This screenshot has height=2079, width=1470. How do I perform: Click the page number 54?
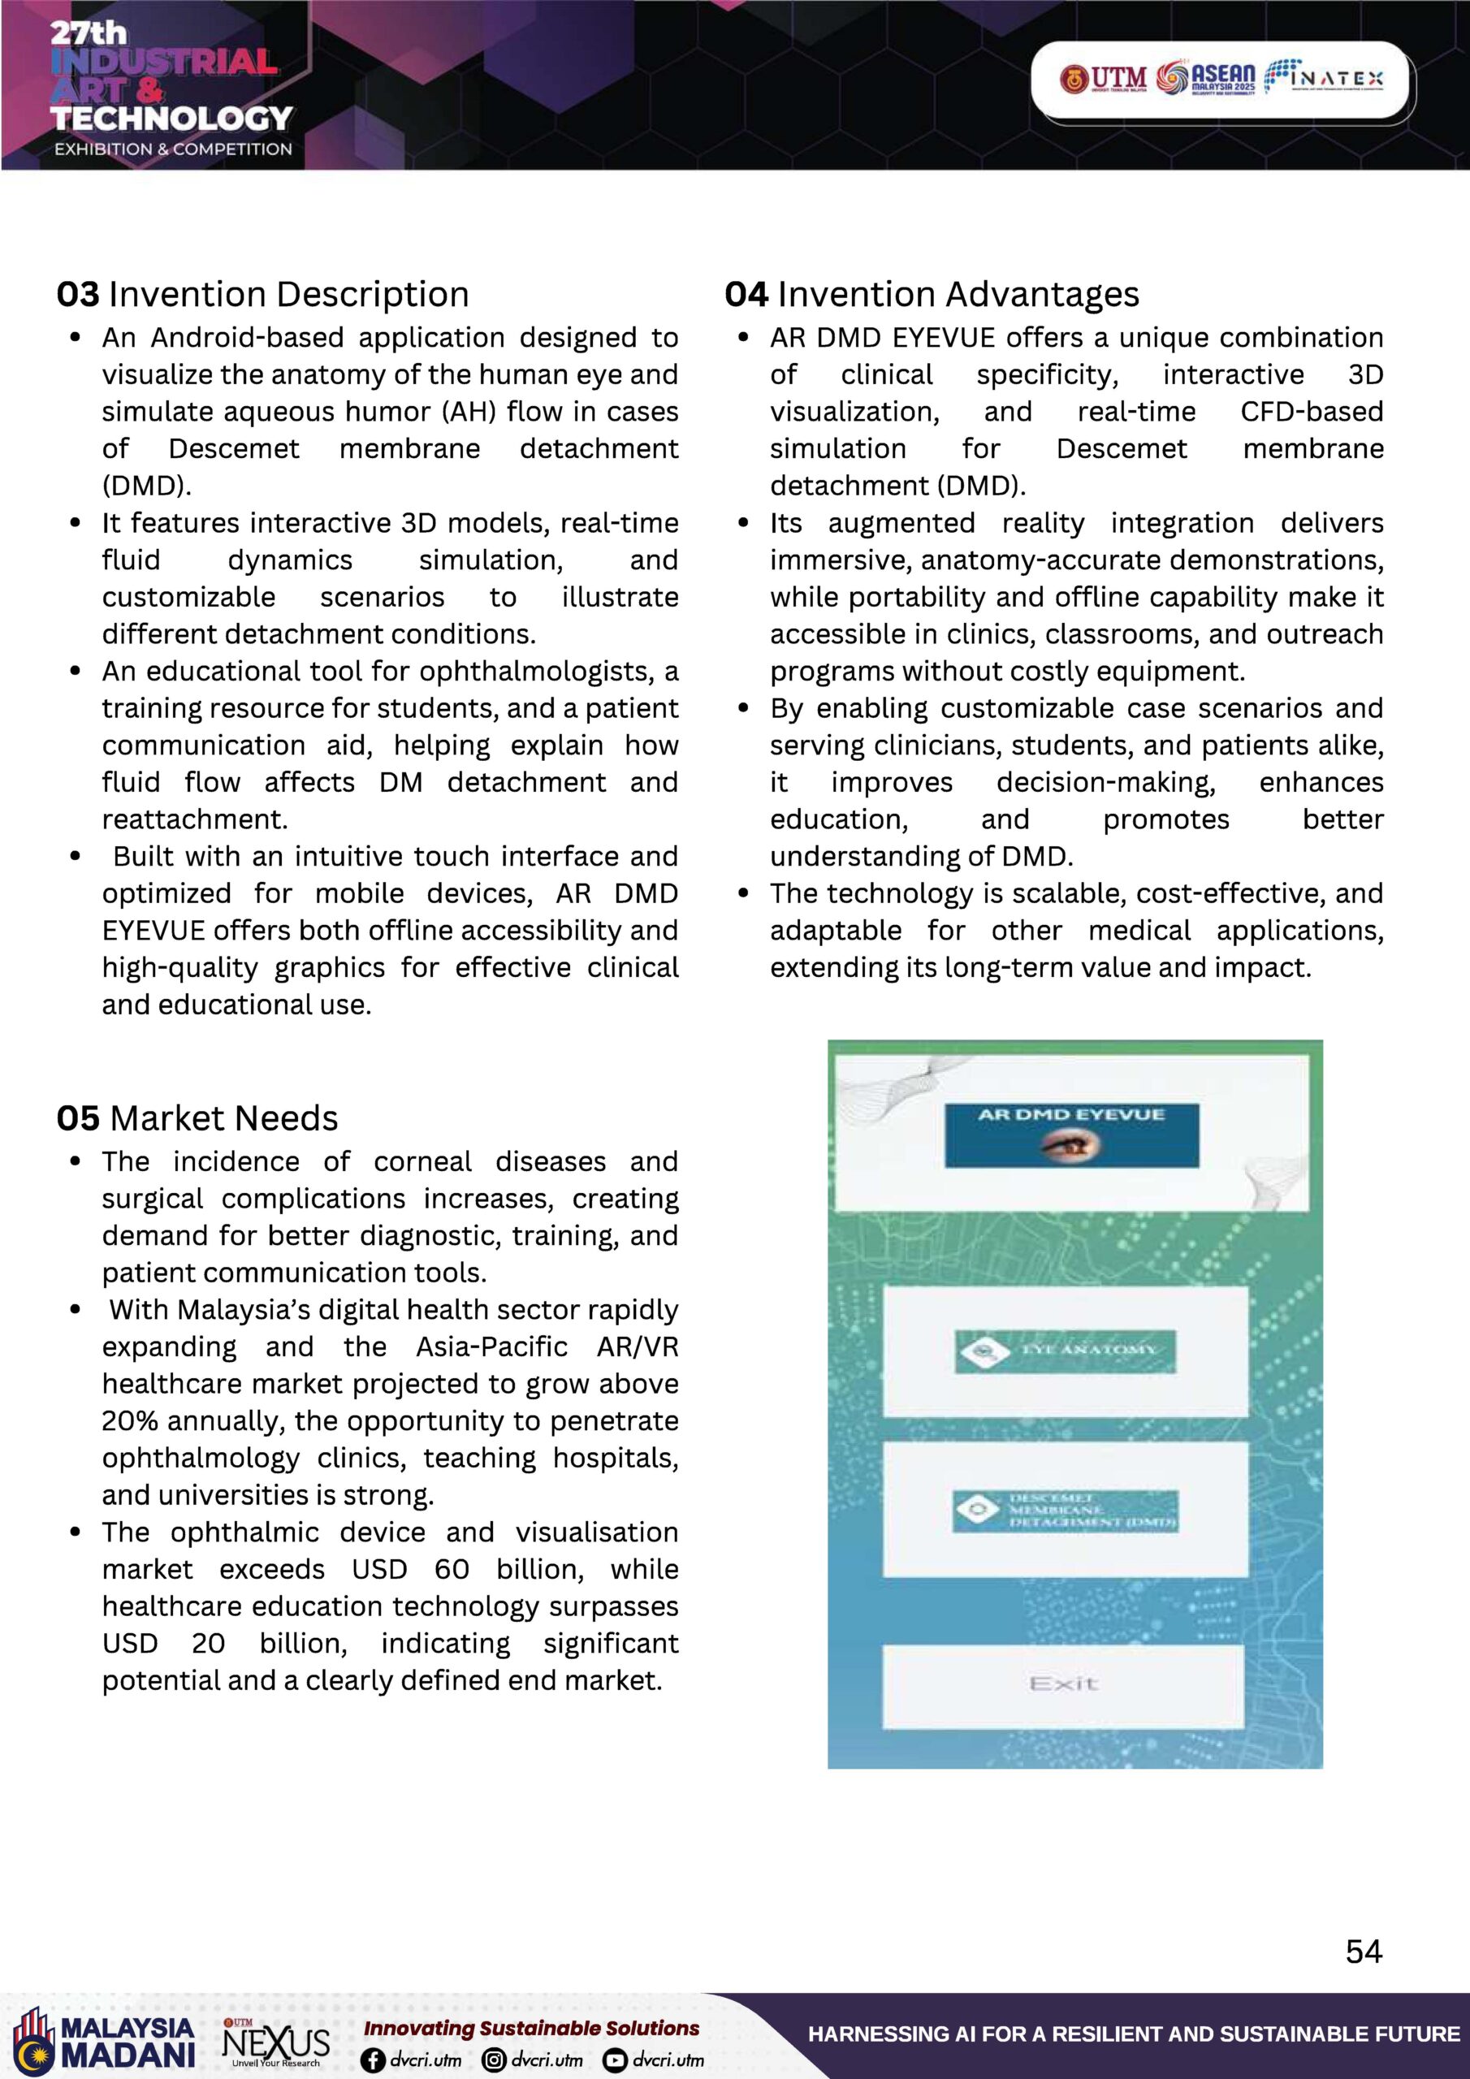coord(1363,1951)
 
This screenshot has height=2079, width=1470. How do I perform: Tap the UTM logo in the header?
coord(1102,79)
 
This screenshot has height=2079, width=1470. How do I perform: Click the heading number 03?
coord(78,294)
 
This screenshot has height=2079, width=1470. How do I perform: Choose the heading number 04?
coord(746,294)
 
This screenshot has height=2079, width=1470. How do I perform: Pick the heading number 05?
coord(78,1118)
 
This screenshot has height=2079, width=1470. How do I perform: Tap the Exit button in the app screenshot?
coord(1063,1684)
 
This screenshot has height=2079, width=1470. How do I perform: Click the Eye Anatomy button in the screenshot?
coord(1065,1351)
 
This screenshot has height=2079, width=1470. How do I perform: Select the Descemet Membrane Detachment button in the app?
coord(1065,1511)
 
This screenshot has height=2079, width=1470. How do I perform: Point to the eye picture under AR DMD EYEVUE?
coord(1070,1145)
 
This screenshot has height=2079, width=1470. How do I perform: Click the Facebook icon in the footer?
coord(372,2060)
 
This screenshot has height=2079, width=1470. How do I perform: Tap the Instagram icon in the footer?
coord(494,2060)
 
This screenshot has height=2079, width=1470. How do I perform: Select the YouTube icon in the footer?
coord(615,2060)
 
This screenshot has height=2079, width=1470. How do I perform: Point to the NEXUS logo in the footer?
coord(276,2042)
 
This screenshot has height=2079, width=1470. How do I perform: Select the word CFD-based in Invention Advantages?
coord(1312,412)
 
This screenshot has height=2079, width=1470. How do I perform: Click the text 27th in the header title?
coord(88,33)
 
